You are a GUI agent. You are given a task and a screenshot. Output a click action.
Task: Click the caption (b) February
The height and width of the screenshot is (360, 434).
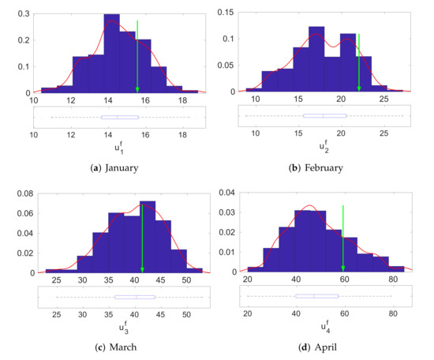click(x=324, y=167)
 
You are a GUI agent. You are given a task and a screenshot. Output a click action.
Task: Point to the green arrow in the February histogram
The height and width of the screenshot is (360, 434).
click(x=359, y=63)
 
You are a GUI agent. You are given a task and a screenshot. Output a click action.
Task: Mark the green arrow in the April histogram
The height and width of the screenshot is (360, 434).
click(x=342, y=237)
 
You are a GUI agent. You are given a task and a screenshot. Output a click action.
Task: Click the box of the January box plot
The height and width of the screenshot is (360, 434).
click(x=120, y=117)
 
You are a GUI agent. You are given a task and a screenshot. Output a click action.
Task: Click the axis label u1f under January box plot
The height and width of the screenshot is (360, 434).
click(x=117, y=147)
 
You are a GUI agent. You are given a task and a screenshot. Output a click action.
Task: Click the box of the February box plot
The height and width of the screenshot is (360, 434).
click(x=324, y=116)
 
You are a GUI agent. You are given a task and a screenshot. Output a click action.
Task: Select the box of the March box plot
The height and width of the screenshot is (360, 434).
click(x=135, y=297)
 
